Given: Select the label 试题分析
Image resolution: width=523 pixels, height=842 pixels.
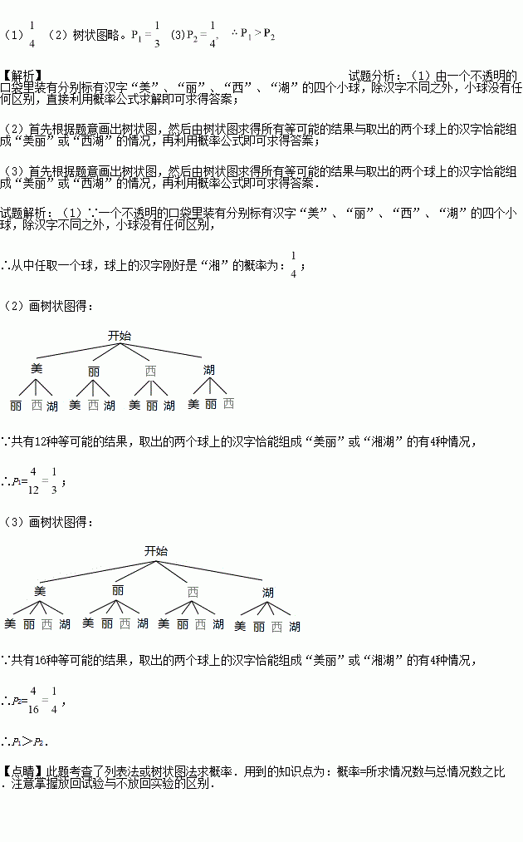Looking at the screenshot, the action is coord(374,76).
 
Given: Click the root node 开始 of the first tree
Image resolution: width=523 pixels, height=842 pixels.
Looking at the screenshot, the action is coord(120,336).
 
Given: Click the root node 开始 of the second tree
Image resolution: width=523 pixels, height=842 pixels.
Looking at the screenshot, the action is coord(156,551).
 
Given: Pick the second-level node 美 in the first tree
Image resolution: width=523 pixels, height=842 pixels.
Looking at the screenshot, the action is coord(36,369).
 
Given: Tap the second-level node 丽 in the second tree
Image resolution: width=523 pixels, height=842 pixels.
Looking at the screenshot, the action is coord(118,590).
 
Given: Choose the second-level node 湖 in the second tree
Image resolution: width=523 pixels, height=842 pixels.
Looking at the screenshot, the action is coord(267,593).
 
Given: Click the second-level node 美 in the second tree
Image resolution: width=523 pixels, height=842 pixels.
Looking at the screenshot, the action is coord(39,590).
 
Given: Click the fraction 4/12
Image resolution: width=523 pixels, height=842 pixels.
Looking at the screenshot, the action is coord(33,480).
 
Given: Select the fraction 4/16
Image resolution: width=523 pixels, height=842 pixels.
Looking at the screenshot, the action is coord(33,700).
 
